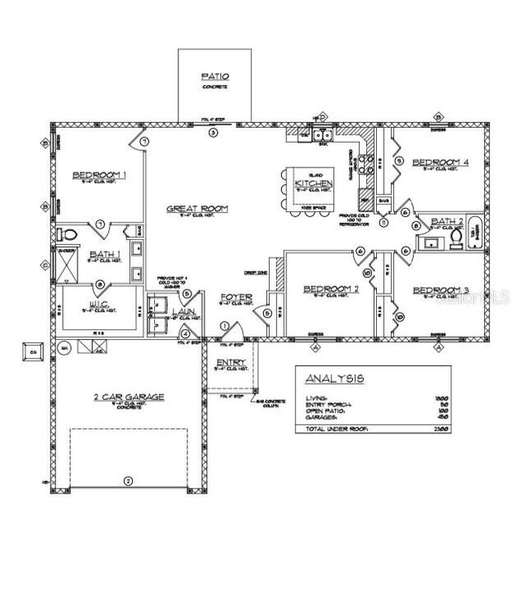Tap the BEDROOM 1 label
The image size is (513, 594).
[x=98, y=174]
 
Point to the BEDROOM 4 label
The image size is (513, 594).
[x=440, y=163]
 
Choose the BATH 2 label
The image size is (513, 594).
[x=449, y=220]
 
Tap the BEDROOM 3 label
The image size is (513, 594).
[x=440, y=290]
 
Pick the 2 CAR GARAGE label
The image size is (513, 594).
[x=127, y=397]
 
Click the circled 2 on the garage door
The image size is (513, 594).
[x=127, y=480]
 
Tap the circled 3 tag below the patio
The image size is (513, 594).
[x=213, y=132]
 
